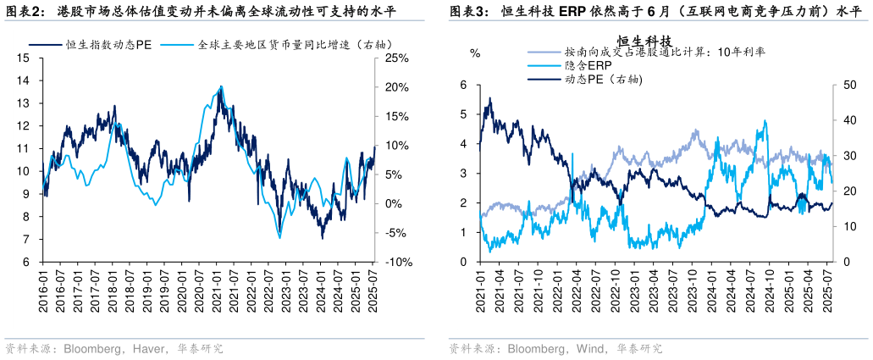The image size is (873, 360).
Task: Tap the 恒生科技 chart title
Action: click(x=644, y=40)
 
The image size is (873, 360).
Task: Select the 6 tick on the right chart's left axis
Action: click(x=463, y=85)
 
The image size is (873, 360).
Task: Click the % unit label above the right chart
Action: click(x=475, y=53)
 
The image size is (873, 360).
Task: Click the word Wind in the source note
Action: click(x=590, y=348)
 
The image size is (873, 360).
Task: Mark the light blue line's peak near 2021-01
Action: click(x=222, y=86)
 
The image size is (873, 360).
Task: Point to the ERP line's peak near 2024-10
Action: click(x=765, y=120)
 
